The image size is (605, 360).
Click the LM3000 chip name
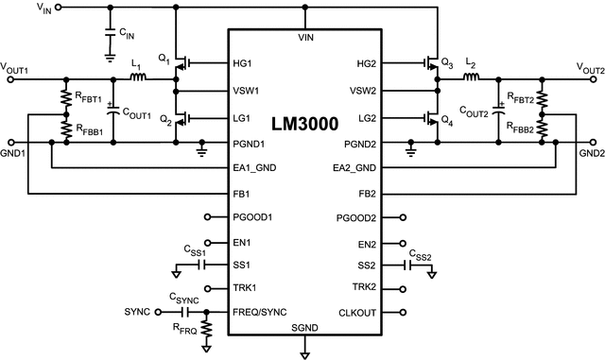tap(304, 125)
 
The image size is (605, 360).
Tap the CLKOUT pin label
tap(357, 311)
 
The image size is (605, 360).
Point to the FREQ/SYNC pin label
tap(260, 311)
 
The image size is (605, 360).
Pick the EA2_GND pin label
tap(354, 167)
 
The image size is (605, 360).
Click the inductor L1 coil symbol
tap(138, 79)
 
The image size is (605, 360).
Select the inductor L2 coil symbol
tap(471, 79)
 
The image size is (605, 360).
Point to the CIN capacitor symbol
tap(110, 36)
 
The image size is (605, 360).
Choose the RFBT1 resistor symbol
tap(66, 99)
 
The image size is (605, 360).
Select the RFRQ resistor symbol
tap(207, 328)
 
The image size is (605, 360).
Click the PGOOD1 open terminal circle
tap(206, 218)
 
